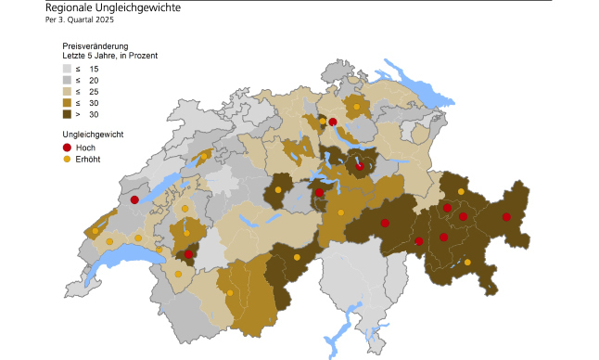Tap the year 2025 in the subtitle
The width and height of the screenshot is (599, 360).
[x=104, y=19]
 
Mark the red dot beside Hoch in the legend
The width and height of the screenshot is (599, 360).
[x=67, y=148]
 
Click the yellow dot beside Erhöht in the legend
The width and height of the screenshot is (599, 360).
[x=67, y=159]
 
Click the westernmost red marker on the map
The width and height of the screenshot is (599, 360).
[x=134, y=199]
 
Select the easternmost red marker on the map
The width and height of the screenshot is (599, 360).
[x=506, y=217]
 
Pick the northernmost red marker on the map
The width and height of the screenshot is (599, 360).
[x=332, y=122]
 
